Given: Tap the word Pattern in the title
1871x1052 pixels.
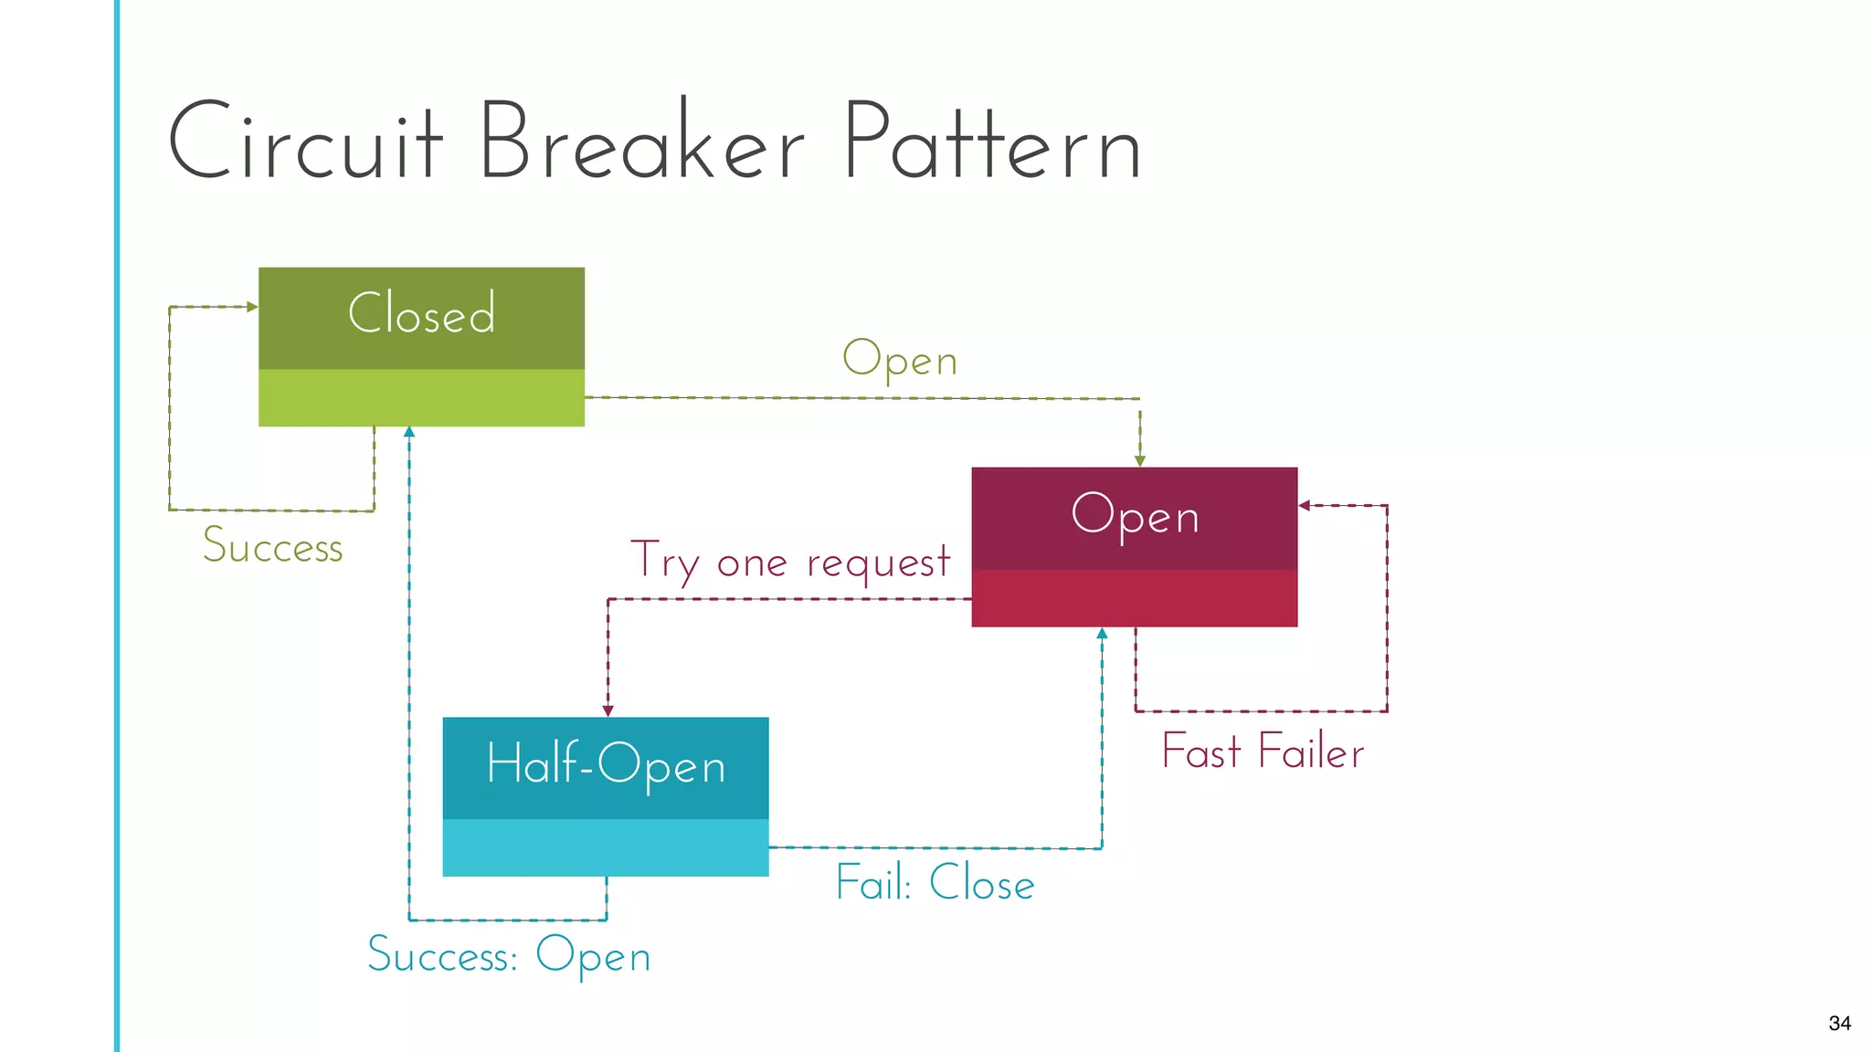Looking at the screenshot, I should click(x=991, y=142).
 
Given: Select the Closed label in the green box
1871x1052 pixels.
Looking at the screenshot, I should click(x=421, y=313).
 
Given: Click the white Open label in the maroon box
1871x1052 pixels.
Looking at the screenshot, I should click(x=1135, y=515).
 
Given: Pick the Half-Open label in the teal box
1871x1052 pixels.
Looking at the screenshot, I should click(x=606, y=764).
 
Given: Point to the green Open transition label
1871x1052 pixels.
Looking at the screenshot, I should click(x=900, y=359).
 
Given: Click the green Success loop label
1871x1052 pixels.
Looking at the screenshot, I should click(x=272, y=546).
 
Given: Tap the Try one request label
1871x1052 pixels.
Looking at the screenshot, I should click(x=790, y=562).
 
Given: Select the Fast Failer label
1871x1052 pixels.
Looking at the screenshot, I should click(x=1263, y=752).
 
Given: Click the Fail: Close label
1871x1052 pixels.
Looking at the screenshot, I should click(x=935, y=883).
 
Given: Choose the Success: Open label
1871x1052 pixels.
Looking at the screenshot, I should click(x=509, y=955).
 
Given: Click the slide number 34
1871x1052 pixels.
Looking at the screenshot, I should click(x=1839, y=1023).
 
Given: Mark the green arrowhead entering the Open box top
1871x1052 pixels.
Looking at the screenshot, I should click(x=1139, y=461).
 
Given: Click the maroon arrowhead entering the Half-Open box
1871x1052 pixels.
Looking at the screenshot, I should click(x=608, y=710).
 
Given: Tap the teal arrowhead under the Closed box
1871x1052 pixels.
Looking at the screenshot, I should click(x=409, y=432).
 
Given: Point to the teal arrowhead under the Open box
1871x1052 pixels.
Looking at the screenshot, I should click(x=1102, y=633).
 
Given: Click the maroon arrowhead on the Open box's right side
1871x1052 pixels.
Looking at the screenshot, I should click(x=1305, y=505).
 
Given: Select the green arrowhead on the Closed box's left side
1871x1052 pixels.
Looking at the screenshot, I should click(x=252, y=307).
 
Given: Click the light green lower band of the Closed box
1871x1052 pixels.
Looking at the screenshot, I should click(x=421, y=397).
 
